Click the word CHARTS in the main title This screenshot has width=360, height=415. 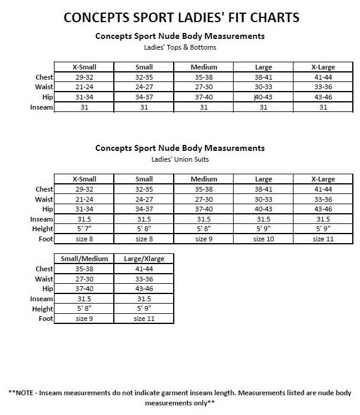tap(269, 18)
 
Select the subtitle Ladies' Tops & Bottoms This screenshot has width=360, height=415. tap(180, 47)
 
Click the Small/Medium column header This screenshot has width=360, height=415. tap(84, 258)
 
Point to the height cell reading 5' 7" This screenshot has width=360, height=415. tap(84, 229)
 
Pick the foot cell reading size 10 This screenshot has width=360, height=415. tap(263, 239)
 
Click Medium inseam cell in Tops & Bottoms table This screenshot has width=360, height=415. tap(204, 107)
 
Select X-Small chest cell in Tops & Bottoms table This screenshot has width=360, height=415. tap(84, 77)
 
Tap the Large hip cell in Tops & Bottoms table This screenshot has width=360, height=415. tap(264, 97)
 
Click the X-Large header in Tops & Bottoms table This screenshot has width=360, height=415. tap(323, 67)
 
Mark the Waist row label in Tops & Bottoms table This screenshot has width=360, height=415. tap(44, 87)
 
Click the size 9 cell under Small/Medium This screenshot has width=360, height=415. tap(84, 319)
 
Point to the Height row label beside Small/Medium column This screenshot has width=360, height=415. tap(43, 308)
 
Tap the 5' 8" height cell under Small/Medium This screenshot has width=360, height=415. tap(84, 308)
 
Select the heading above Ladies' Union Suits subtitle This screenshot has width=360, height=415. tap(180, 147)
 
